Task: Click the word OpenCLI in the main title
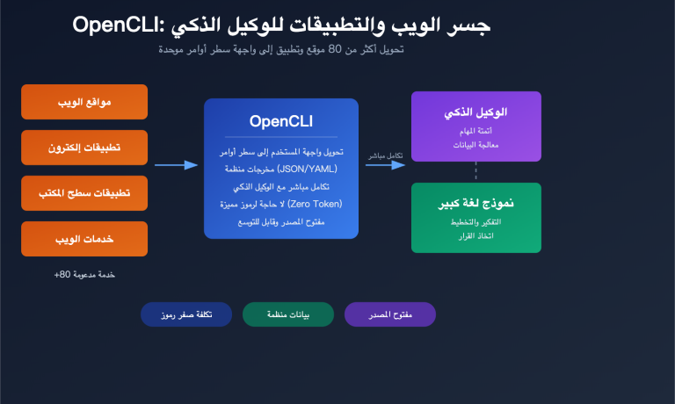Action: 110,25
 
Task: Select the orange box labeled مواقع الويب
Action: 84,101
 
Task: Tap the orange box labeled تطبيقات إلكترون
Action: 84,147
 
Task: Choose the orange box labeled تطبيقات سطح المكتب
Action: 84,192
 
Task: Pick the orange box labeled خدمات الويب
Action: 84,238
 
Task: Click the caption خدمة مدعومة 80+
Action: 84,274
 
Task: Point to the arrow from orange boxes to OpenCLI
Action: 176,164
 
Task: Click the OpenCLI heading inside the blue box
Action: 281,121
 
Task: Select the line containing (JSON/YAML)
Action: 281,168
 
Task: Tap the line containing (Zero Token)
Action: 281,203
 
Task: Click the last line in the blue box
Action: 281,220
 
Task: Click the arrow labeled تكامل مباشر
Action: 384,164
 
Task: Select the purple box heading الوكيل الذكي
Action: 475,112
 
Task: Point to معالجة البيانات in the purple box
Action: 475,144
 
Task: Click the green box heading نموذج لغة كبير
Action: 475,205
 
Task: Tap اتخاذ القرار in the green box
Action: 475,235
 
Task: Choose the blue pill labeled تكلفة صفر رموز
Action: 186,314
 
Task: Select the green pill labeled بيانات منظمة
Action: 288,314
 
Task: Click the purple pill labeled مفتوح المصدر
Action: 390,314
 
